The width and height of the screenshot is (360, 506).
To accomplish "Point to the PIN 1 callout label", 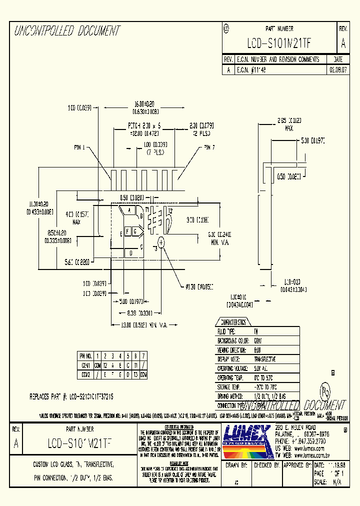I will click(79, 147).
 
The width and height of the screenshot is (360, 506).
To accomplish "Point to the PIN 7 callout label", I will click(209, 147).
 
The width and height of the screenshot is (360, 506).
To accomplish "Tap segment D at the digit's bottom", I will click(131, 253).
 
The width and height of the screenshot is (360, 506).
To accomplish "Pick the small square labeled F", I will click(127, 231).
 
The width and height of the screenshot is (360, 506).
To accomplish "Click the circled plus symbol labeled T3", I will click(161, 242).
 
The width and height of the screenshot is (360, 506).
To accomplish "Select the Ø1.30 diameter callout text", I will click(199, 286).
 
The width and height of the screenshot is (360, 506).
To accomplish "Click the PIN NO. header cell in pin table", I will click(85, 355).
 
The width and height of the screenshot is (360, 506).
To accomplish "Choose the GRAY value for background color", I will click(258, 340).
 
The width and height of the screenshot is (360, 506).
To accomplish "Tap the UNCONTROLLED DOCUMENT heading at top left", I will click(67, 31).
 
